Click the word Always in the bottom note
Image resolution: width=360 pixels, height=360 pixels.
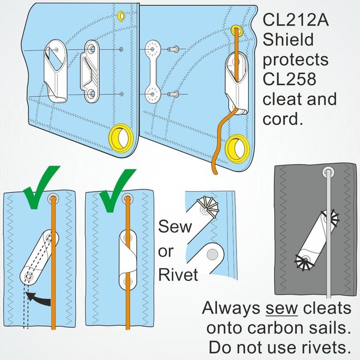pyautogui.click(x=229, y=308)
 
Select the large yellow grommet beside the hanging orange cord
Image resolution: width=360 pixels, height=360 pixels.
pyautogui.click(x=239, y=146)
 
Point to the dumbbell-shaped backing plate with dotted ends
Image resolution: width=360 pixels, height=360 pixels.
pyautogui.click(x=152, y=72)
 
